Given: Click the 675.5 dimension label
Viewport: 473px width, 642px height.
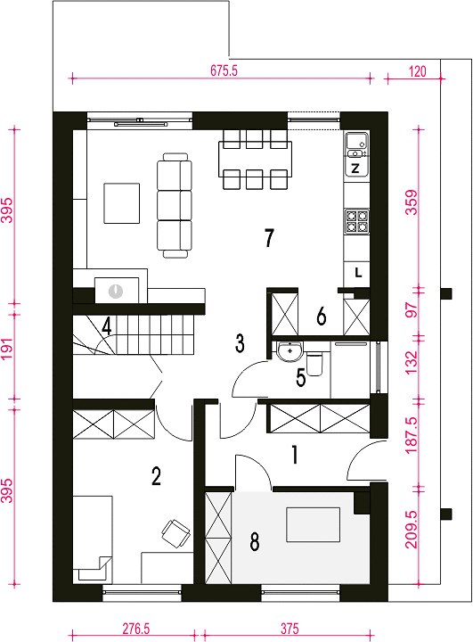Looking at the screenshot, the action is [x=224, y=70].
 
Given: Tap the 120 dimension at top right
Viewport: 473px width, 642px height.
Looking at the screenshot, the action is [x=418, y=71].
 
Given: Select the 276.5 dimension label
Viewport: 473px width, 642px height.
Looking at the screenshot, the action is [x=136, y=629].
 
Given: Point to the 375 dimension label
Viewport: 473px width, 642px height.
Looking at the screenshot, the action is [x=290, y=629].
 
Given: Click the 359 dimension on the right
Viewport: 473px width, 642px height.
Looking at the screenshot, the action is [x=412, y=202].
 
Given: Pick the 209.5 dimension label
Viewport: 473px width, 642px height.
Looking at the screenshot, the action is [x=412, y=530].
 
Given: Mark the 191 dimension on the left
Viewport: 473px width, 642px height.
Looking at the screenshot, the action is [x=8, y=350].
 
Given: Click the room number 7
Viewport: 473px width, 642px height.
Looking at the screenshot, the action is [x=269, y=238].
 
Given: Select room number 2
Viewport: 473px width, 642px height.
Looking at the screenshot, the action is [x=156, y=476].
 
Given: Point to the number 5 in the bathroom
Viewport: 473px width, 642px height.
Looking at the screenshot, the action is [x=301, y=378].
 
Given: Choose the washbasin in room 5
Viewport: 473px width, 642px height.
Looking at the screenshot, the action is [x=290, y=351].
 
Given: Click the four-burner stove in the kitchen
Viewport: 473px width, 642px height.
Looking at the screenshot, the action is [x=357, y=221].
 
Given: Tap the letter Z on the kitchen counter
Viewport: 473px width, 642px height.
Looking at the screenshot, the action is [x=355, y=168].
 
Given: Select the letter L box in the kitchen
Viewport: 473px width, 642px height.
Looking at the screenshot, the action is [x=357, y=274].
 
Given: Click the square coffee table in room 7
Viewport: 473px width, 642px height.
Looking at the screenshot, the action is [x=121, y=203].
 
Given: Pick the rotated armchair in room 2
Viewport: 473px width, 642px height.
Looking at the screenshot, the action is [x=176, y=533].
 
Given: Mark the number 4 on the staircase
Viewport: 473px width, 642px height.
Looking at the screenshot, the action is [x=106, y=327].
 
